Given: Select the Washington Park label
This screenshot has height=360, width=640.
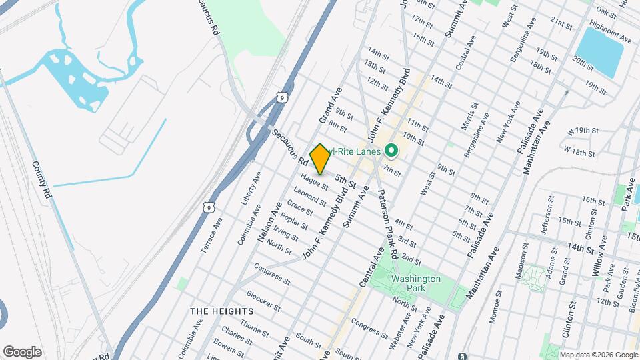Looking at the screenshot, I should click(x=416, y=284).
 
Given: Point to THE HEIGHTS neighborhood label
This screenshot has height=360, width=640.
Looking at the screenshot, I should click(x=221, y=311).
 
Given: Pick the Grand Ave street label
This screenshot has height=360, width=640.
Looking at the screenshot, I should click(x=330, y=106).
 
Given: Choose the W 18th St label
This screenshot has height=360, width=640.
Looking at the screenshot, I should click(x=579, y=152).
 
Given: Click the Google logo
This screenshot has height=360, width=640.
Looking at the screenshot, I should click(x=22, y=351).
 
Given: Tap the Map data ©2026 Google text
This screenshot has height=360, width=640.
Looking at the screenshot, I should click(x=599, y=355).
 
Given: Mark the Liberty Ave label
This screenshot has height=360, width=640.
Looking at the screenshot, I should click(x=248, y=192).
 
